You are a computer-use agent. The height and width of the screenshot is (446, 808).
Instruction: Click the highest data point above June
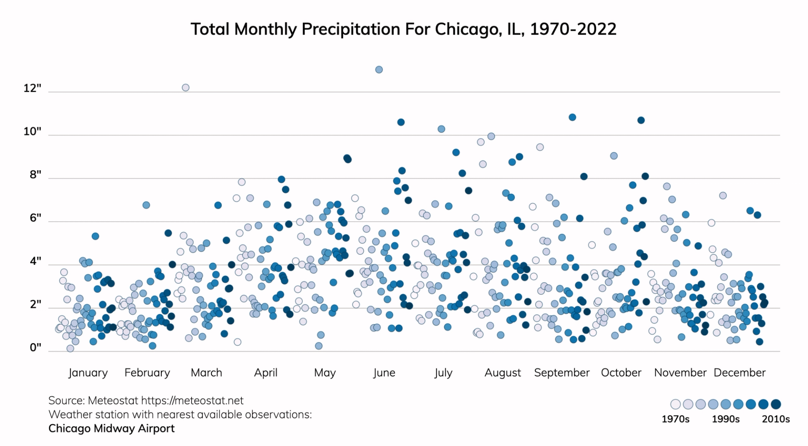point(379,69)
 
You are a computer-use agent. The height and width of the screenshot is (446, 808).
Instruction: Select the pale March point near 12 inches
point(186,88)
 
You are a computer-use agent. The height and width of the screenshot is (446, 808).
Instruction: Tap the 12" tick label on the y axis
point(32,88)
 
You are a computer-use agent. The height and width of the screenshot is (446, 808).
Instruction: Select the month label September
point(562,373)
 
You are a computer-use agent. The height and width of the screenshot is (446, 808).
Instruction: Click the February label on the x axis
point(147,373)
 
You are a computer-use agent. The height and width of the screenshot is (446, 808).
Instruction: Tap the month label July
point(443,373)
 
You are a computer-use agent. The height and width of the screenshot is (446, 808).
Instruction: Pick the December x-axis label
point(739,373)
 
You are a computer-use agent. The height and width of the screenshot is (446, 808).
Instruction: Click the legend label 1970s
point(675,419)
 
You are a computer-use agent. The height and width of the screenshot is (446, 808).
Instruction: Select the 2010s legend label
point(776,419)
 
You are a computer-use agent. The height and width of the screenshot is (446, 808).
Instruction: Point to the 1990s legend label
point(725,419)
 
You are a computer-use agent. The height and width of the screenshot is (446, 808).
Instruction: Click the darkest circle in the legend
point(776,404)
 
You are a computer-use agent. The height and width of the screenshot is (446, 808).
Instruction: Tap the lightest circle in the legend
point(675,404)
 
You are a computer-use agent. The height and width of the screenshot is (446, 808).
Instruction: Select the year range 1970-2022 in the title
point(573,29)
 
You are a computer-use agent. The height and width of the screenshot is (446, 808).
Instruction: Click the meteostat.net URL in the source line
point(192,401)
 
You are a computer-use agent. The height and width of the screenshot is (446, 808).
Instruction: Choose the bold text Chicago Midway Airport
point(112,428)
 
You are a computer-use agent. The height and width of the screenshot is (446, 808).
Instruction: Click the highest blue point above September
point(572,118)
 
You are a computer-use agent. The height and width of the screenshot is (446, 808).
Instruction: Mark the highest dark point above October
point(641,120)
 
